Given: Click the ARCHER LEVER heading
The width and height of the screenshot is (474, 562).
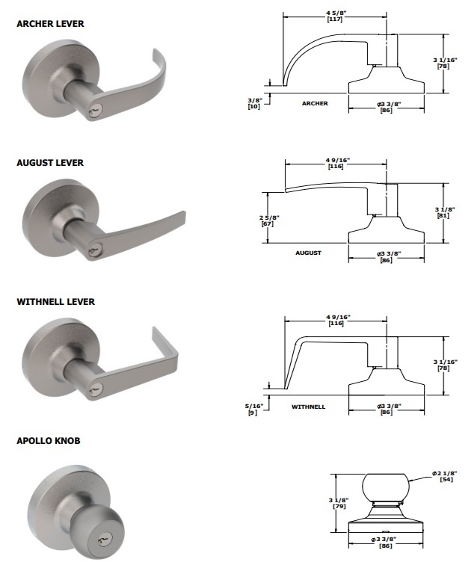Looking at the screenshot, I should pyautogui.click(x=50, y=24).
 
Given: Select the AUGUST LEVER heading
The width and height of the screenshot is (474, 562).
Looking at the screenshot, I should pyautogui.click(x=50, y=163).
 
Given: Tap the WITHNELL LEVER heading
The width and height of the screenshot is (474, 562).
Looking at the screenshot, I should pyautogui.click(x=56, y=302).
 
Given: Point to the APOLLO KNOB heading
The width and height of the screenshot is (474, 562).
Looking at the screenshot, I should pyautogui.click(x=49, y=441).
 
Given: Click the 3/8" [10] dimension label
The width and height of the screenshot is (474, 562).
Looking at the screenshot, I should pyautogui.click(x=253, y=102).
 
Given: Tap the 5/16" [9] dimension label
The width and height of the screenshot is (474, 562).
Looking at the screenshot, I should pyautogui.click(x=253, y=409).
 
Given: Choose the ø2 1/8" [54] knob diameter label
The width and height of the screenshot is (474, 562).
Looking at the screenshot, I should pyautogui.click(x=443, y=476).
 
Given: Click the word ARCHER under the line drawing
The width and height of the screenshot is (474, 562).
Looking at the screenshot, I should pyautogui.click(x=315, y=103).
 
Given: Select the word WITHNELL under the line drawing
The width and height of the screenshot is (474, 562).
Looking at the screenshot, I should pyautogui.click(x=308, y=407).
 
